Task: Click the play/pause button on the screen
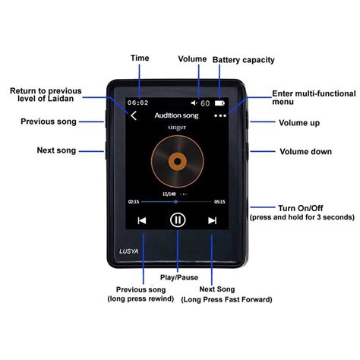177,220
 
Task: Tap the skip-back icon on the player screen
141,220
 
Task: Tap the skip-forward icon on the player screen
213,220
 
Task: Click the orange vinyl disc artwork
177,161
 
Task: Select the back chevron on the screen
134,116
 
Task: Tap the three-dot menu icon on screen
220,116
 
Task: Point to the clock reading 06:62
137,102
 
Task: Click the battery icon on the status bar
219,102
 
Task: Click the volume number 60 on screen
205,102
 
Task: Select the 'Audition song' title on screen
176,116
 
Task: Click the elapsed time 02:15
134,202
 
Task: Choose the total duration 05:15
219,202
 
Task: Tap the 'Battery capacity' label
243,59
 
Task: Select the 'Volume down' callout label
305,152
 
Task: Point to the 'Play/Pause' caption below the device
178,277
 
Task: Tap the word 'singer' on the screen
177,129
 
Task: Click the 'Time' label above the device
140,58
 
